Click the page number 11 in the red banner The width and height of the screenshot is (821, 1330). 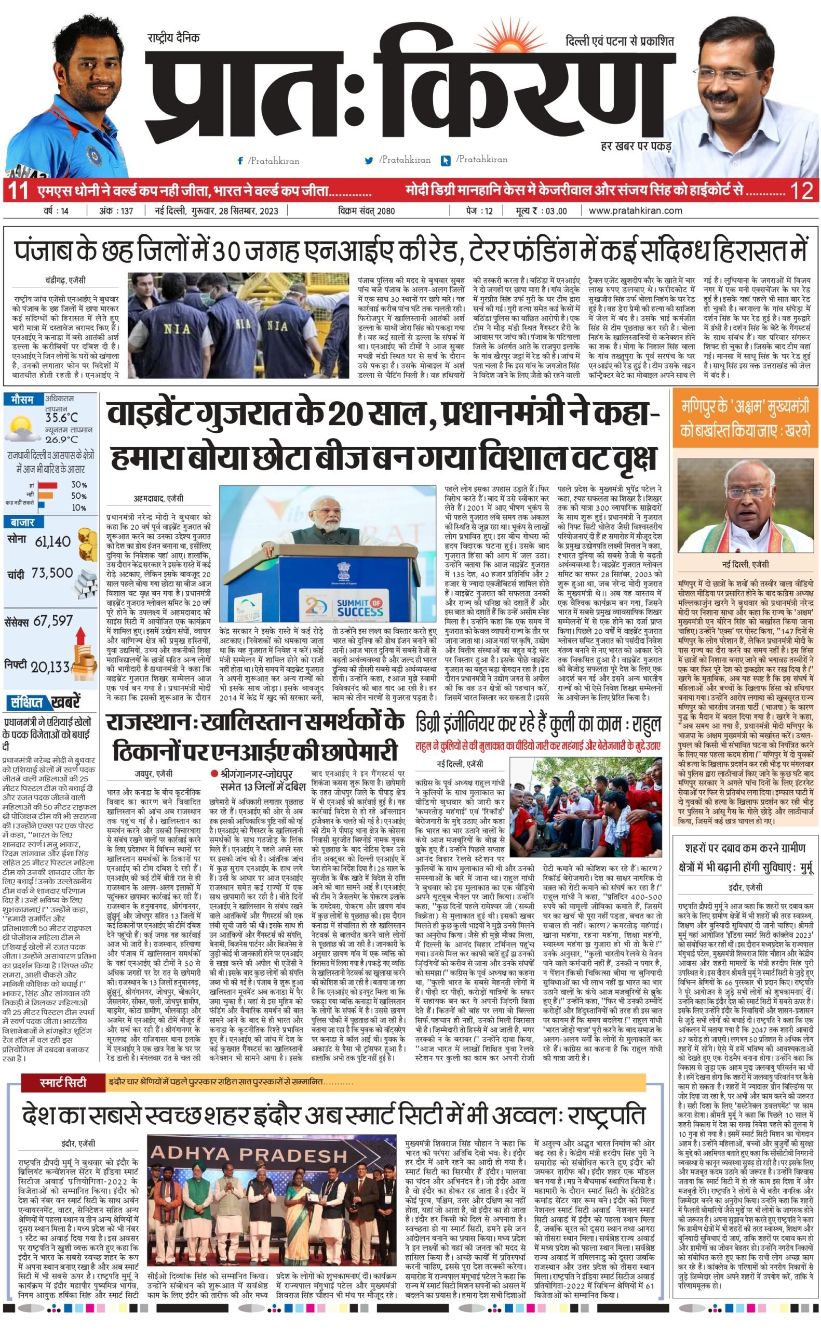(x=18, y=191)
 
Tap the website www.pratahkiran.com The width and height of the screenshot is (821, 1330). (x=635, y=211)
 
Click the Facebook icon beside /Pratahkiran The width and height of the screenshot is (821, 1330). (x=240, y=161)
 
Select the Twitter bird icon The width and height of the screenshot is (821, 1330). (x=369, y=161)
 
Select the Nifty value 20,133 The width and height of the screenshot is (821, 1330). (x=50, y=667)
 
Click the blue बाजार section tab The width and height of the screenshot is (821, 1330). (x=22, y=523)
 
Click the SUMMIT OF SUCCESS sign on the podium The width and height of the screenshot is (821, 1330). (x=359, y=608)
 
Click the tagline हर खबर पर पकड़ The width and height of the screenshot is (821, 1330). (x=636, y=146)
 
